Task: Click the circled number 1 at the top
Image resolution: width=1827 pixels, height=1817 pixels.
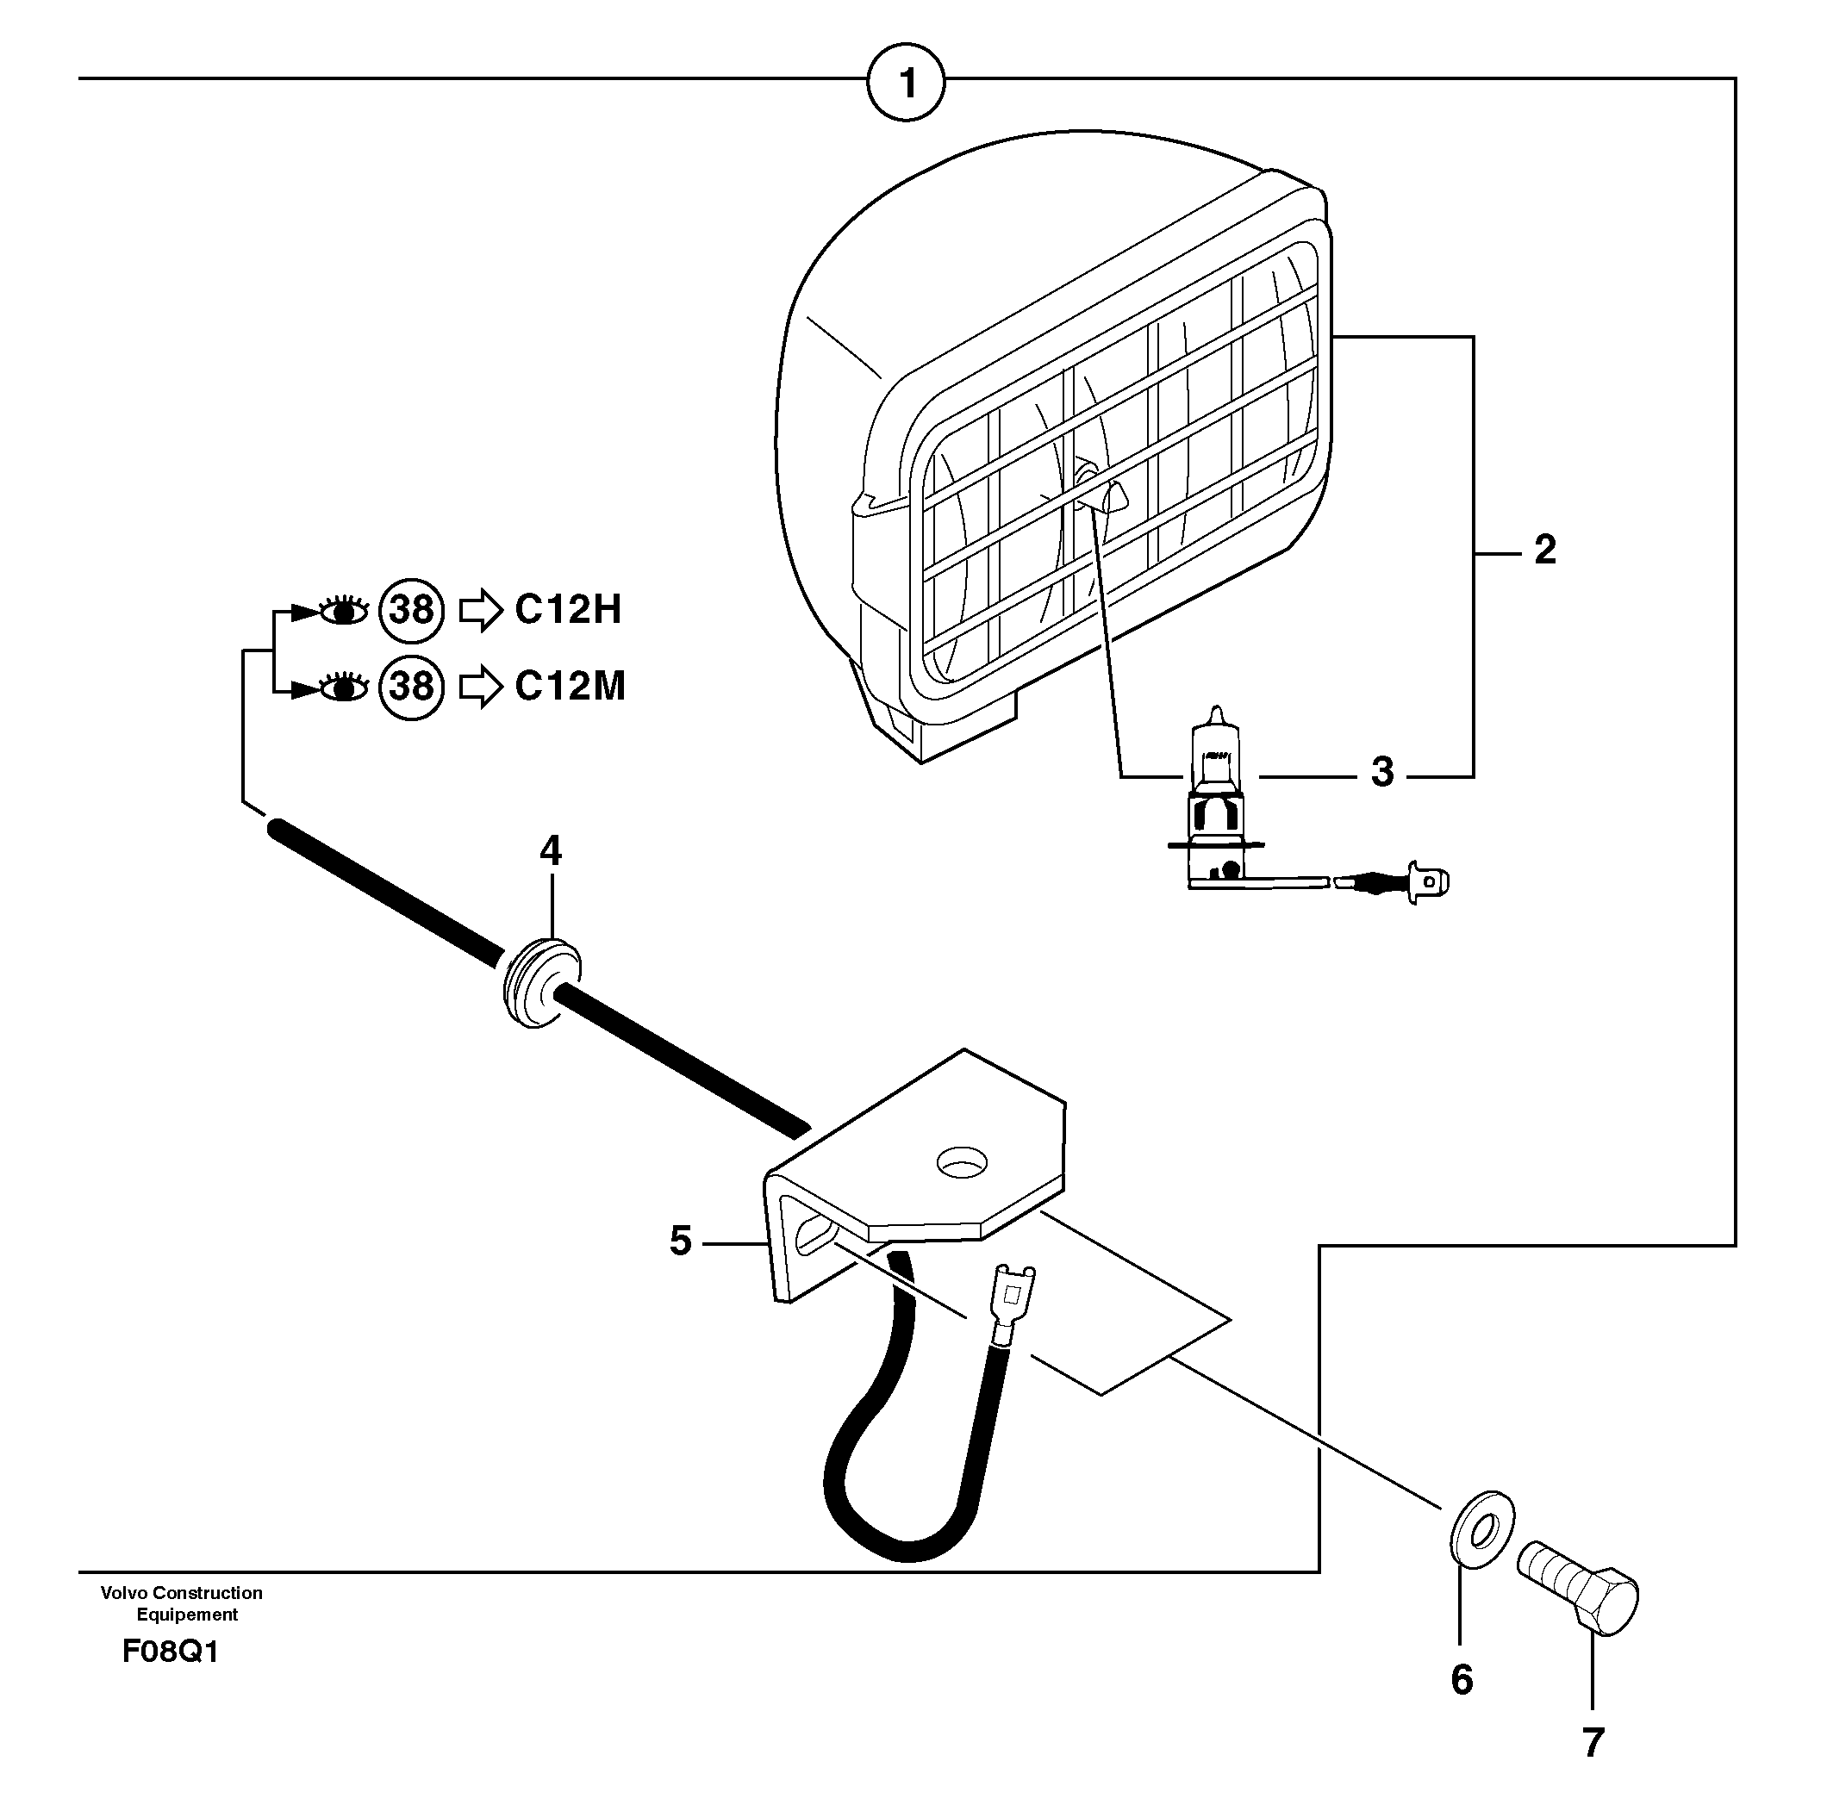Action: [906, 84]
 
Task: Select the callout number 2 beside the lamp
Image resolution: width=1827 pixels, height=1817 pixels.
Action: [1544, 551]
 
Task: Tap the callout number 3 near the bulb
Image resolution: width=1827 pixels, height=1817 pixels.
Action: [1381, 772]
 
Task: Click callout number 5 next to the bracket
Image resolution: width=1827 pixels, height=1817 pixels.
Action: [680, 1241]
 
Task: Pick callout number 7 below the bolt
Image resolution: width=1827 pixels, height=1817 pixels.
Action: [1593, 1742]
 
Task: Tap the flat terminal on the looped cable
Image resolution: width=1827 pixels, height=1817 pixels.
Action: [1011, 1295]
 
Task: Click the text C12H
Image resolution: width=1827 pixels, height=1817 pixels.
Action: [567, 610]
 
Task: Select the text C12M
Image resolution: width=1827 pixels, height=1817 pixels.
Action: [571, 687]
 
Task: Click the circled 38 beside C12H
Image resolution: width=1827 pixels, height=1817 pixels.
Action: [410, 610]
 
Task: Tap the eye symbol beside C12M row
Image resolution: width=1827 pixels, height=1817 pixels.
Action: [343, 688]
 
